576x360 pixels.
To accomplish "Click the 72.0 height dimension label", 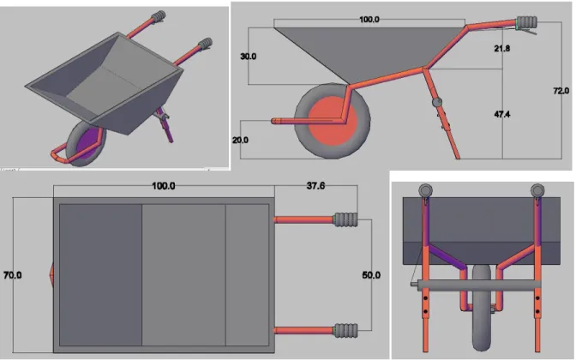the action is pyautogui.click(x=561, y=90).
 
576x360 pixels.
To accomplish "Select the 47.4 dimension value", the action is pyautogui.click(x=501, y=114).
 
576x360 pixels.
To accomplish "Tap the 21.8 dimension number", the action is pyautogui.click(x=501, y=48).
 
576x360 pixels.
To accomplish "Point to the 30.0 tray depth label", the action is pyautogui.click(x=248, y=57).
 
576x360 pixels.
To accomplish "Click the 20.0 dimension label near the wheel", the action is pyautogui.click(x=240, y=140).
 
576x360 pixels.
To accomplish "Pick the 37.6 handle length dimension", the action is pyautogui.click(x=315, y=186).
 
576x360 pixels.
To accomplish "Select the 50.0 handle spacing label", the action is pyautogui.click(x=371, y=275).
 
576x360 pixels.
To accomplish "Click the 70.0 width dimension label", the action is pyautogui.click(x=13, y=275).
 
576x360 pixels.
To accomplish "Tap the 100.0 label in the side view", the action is pyautogui.click(x=369, y=20).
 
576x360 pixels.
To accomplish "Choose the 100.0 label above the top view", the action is pyautogui.click(x=164, y=186).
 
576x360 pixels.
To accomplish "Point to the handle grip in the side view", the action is pyautogui.click(x=526, y=22).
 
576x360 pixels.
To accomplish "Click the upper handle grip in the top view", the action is pyautogui.click(x=345, y=219).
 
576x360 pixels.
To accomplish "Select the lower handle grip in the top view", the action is pyautogui.click(x=345, y=330).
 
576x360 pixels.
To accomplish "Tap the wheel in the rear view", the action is pyautogui.click(x=481, y=308).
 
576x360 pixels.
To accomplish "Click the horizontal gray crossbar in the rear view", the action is pyautogui.click(x=476, y=285).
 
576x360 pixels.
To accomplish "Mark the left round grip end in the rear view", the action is pyautogui.click(x=425, y=190).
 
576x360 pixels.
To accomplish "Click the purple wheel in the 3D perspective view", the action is pyautogui.click(x=87, y=144).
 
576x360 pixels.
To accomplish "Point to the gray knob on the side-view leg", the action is pyautogui.click(x=437, y=102).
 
